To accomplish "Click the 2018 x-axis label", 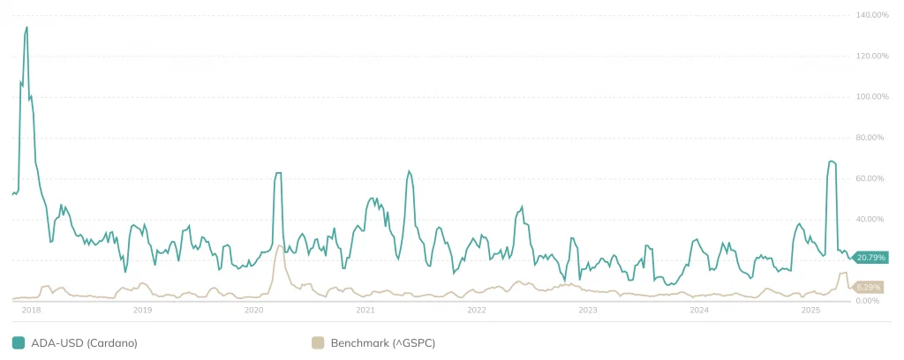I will coord(31,311).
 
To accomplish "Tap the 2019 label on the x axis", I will coord(142,311).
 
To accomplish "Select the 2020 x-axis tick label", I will coord(253,311).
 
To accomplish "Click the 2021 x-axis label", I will coord(365,311).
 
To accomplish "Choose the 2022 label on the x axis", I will coord(477,311).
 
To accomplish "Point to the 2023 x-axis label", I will coord(588,311).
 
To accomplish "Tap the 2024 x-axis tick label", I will coord(699,311).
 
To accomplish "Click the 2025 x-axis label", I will coord(810,311).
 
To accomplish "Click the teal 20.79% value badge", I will coord(872,257).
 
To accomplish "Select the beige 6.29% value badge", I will coord(869,288).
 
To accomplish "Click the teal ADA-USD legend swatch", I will coord(19,342).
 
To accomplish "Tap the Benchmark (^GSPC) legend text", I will coord(382,342).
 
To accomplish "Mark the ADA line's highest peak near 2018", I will coord(26,27).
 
